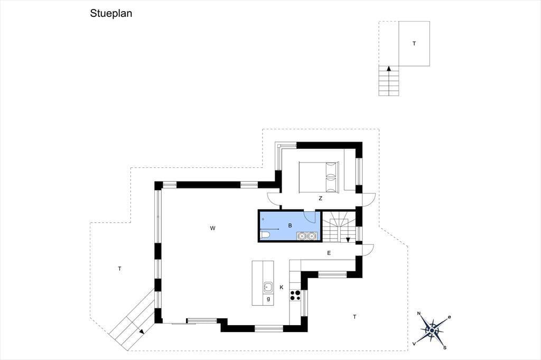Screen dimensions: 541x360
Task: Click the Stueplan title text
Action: point(111,13)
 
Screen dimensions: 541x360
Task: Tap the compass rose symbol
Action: point(432,330)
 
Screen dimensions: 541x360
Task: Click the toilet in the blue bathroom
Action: point(265,235)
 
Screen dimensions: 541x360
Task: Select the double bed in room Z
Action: point(319,176)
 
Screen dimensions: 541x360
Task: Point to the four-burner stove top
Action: point(295,295)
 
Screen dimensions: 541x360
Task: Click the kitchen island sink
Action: point(268,287)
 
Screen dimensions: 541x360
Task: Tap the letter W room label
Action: point(212,228)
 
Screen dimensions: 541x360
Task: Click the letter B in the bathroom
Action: point(290,225)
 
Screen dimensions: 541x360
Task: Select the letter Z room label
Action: point(321,198)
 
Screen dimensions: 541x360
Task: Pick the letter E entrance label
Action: point(329,253)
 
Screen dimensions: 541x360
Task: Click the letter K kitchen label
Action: point(282,287)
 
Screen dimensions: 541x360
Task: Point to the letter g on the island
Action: point(268,299)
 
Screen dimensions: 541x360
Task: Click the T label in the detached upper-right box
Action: point(414,43)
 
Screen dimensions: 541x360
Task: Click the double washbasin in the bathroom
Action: point(307,236)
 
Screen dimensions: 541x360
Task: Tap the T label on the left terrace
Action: point(119,269)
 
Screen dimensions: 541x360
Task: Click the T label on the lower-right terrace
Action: point(355,317)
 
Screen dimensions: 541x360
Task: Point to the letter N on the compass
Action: point(419,314)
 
